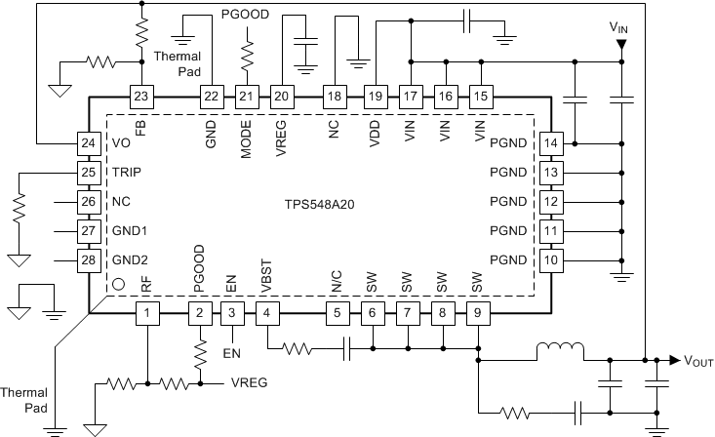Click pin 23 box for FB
(141, 96)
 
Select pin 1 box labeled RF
(146, 313)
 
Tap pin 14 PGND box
(551, 143)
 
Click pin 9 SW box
(477, 313)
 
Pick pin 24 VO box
(90, 143)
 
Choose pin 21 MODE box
(246, 96)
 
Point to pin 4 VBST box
(267, 313)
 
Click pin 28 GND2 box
(90, 260)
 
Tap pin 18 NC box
(336, 96)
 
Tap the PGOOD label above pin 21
(245, 17)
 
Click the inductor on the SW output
(560, 350)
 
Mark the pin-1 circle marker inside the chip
(119, 285)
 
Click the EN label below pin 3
(232, 351)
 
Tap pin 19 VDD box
(375, 96)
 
